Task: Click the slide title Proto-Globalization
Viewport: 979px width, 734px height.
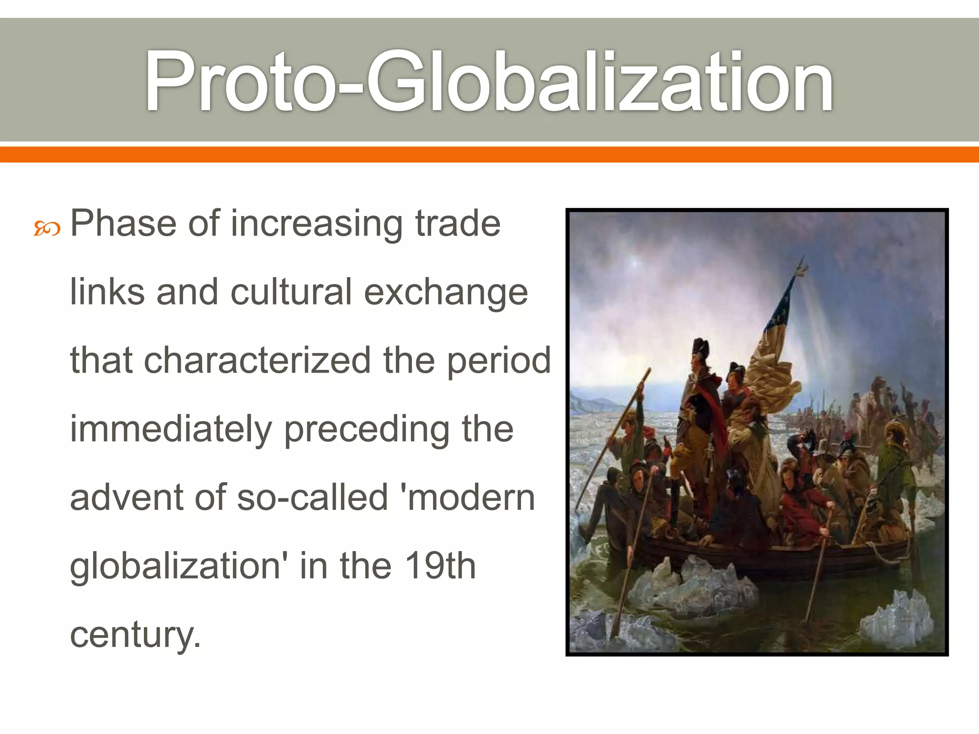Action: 489,81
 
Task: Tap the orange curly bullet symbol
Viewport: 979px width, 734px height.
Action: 47,230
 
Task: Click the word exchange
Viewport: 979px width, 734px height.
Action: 446,292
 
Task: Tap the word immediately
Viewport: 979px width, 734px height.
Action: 171,429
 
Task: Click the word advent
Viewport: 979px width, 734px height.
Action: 126,497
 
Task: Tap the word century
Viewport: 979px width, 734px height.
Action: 135,635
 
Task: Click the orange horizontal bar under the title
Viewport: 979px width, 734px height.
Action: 489,154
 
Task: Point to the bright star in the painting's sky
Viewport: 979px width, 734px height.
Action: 635,262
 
